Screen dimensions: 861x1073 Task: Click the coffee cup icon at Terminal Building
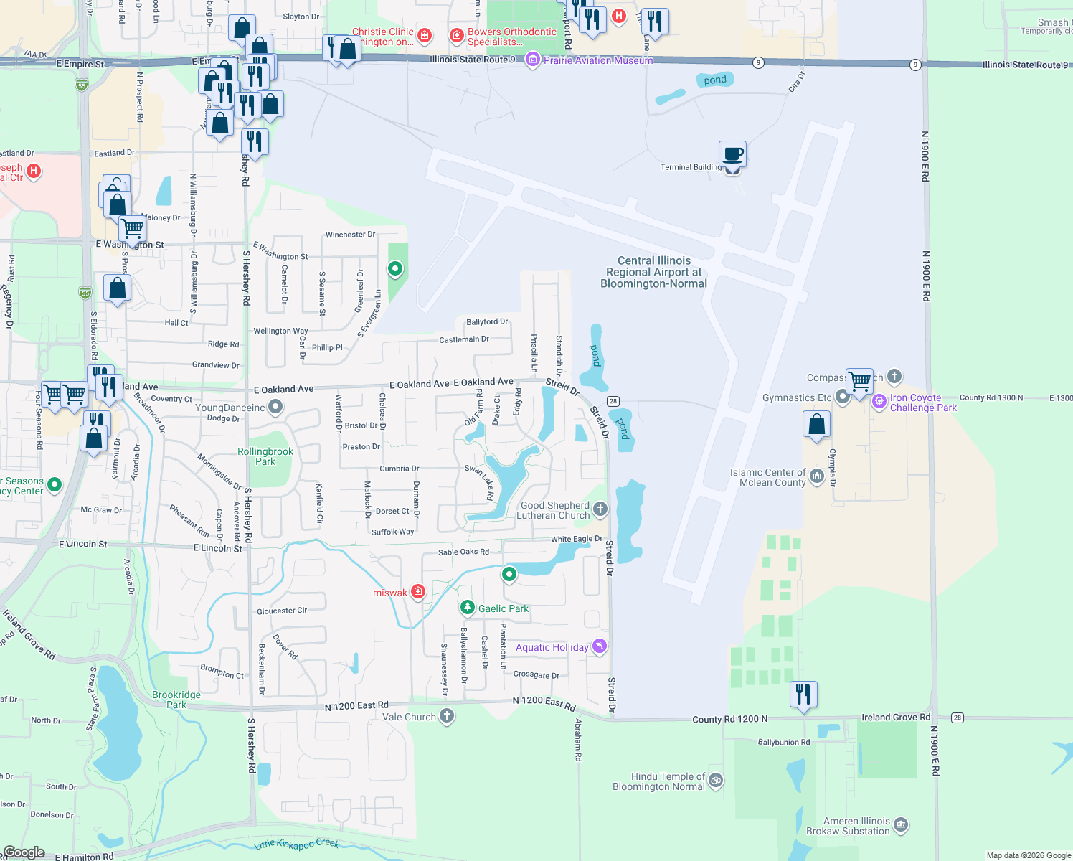[x=732, y=154]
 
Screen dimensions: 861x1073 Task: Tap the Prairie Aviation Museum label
[x=598, y=60]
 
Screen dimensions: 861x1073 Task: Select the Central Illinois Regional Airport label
[x=653, y=272]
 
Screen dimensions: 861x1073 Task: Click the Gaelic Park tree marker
[x=468, y=608]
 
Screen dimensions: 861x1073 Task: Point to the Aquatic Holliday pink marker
[x=600, y=646]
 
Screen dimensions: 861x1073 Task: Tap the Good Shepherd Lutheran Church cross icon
[x=600, y=509]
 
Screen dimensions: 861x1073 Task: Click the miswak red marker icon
[x=418, y=592]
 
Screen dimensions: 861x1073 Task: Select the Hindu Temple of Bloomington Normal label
[x=658, y=781]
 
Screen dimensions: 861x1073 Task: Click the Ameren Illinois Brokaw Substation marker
[x=902, y=825]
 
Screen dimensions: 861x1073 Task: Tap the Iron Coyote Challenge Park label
[x=923, y=403]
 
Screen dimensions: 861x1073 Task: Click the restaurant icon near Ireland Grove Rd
[x=803, y=694]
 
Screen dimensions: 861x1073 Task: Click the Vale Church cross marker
[x=447, y=715]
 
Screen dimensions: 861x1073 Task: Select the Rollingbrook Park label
[x=265, y=456]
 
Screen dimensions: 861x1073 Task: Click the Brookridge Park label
[x=176, y=700]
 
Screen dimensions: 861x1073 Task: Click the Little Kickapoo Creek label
[x=296, y=844]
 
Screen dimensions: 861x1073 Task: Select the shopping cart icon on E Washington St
[x=133, y=228]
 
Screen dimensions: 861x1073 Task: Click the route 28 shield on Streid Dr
[x=613, y=401]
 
